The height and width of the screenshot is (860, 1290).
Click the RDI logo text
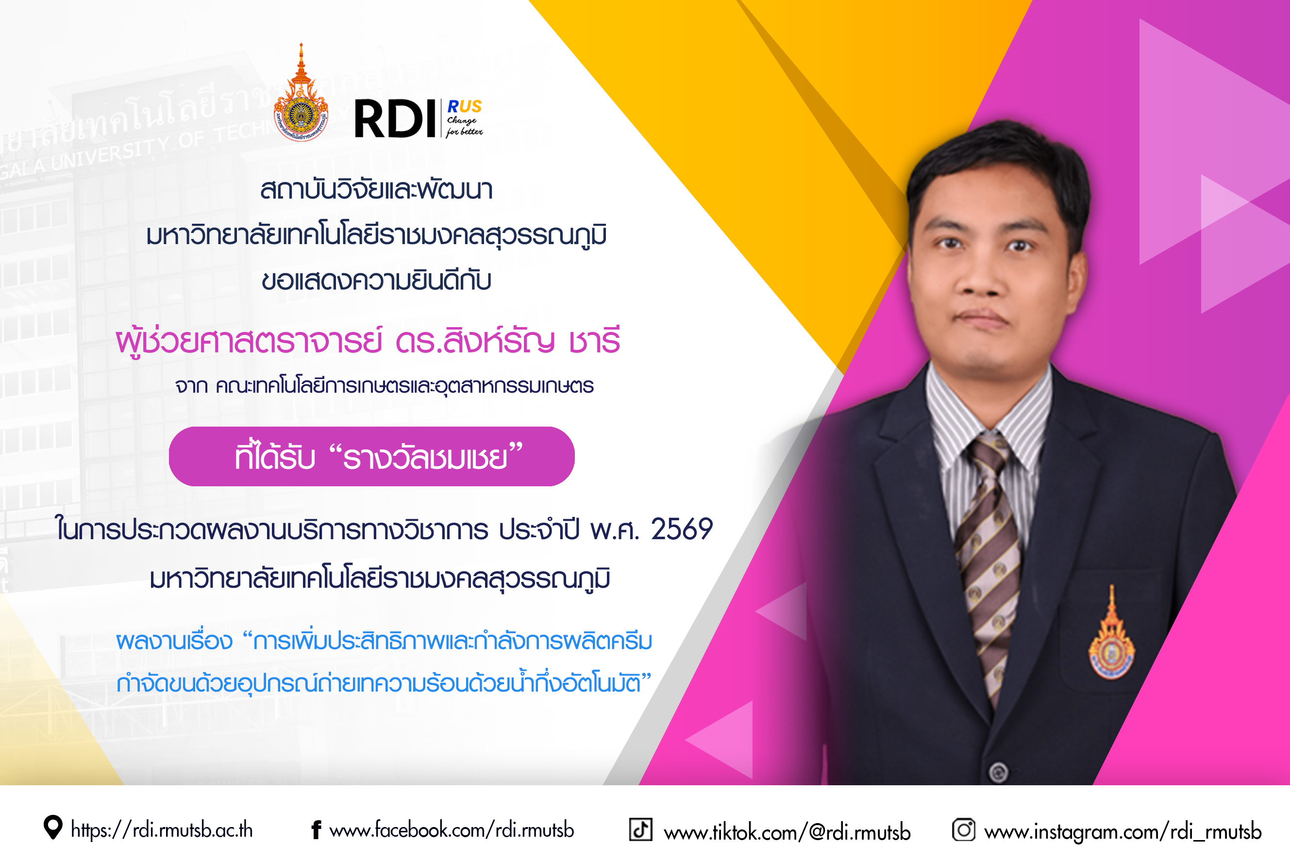point(395,118)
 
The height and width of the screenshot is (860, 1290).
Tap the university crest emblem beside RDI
point(301,93)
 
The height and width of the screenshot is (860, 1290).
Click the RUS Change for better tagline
point(464,118)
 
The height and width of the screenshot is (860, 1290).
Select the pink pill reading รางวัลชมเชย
point(371,456)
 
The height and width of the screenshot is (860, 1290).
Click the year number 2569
point(682,529)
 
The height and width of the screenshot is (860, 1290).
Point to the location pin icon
point(52,827)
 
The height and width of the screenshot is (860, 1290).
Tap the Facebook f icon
point(316,830)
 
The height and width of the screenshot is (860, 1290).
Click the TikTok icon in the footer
point(640,829)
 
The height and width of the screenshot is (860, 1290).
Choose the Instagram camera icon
point(964,829)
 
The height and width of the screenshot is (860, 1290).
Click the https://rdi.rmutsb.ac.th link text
point(162,830)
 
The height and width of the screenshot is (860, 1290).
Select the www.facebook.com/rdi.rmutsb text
point(452,830)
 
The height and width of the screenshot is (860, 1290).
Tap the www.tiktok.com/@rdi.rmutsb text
point(787,832)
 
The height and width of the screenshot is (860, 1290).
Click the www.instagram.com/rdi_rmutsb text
point(1123,831)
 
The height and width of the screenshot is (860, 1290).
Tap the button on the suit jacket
point(999,772)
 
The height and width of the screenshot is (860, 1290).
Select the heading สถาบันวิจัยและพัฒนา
point(376,190)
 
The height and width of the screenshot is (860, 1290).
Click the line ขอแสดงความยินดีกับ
point(376,280)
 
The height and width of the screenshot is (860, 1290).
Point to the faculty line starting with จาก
point(384,385)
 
